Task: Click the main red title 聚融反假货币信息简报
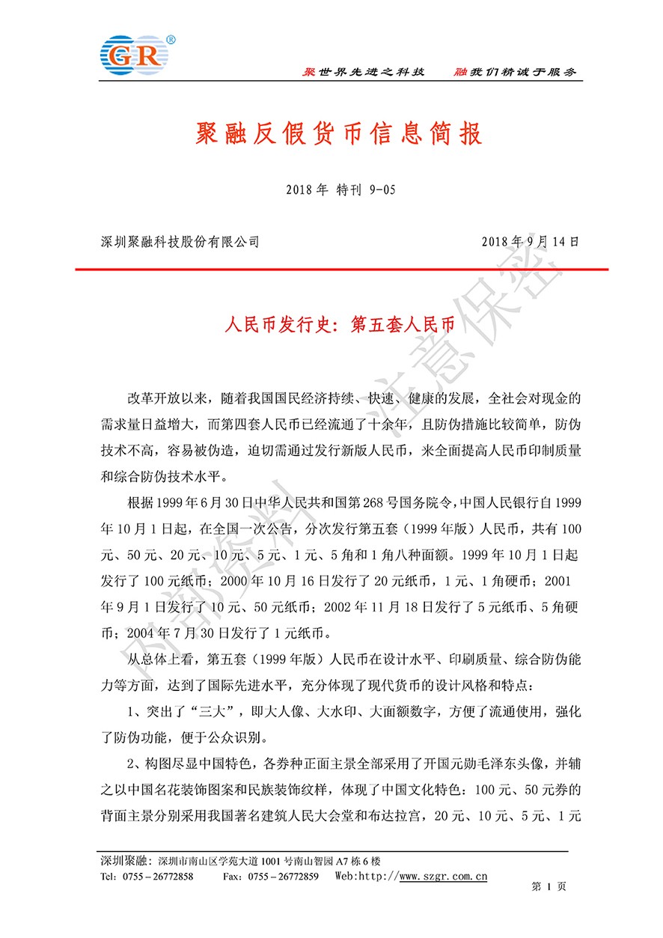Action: [331, 134]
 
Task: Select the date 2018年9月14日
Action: [531, 242]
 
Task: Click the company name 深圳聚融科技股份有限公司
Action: [180, 242]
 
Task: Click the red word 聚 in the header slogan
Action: [308, 72]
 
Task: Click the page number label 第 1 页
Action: [549, 886]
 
